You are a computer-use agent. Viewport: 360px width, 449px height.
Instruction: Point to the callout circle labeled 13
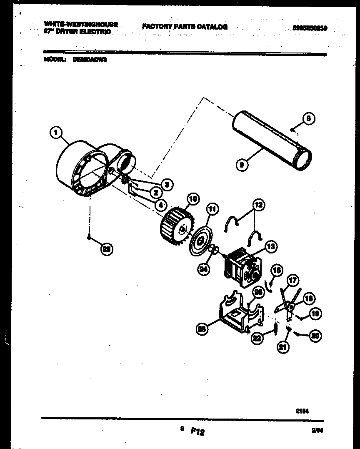(270, 247)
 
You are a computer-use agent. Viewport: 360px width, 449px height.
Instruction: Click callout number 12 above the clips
(258, 205)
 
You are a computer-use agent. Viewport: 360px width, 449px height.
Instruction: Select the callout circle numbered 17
(293, 281)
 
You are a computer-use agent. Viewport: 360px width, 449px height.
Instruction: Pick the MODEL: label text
(55, 60)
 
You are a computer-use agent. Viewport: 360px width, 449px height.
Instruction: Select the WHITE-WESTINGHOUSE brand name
(81, 25)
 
